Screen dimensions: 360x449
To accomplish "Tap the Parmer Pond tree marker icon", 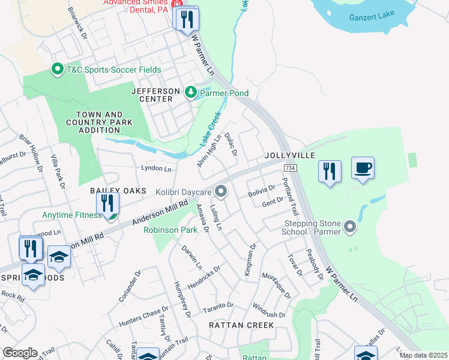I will (x=191, y=92).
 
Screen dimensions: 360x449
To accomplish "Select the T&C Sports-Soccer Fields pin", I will (x=58, y=70).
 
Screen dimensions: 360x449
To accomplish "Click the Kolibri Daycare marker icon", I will (x=221, y=192).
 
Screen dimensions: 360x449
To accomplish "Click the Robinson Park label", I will (x=170, y=229).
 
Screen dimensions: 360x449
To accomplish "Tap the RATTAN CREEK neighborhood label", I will (x=241, y=325).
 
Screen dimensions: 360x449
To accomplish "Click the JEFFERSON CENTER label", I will (x=155, y=95).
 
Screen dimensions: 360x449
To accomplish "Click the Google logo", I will (x=20, y=353).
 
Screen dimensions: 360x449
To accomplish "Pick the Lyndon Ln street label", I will (x=156, y=169).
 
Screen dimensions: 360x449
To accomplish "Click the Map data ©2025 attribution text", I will (x=423, y=355).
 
